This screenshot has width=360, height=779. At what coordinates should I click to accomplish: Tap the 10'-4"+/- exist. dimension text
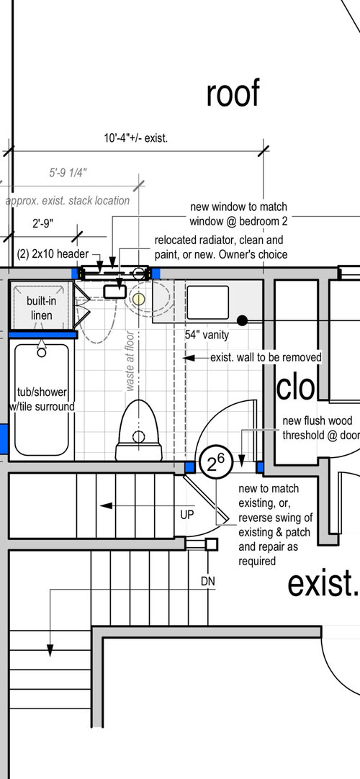pos(136,138)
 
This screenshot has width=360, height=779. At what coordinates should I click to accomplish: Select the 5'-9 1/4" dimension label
pos(68,173)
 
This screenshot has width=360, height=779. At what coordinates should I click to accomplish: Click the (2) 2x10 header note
pos(53,253)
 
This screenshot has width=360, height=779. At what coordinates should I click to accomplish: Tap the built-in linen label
pos(41,308)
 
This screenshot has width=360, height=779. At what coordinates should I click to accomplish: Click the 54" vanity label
pos(207,335)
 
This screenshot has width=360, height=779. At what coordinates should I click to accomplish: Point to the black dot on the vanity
pos(243,320)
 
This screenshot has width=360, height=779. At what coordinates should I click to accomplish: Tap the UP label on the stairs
pos(186,515)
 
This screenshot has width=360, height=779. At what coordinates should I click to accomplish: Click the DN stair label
pos(208,581)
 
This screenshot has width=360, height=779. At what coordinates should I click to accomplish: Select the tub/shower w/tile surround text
pos(42,400)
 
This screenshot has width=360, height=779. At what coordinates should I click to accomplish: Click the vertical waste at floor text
pos(130,361)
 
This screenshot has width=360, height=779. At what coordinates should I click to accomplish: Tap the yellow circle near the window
pos(138,299)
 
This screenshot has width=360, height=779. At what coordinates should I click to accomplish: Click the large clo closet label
pos(295,388)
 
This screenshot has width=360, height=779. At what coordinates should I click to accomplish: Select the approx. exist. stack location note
pos(68,201)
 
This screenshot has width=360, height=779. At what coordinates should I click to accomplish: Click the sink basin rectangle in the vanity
pos(207,302)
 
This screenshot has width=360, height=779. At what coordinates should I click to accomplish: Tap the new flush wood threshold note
pos(321,428)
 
